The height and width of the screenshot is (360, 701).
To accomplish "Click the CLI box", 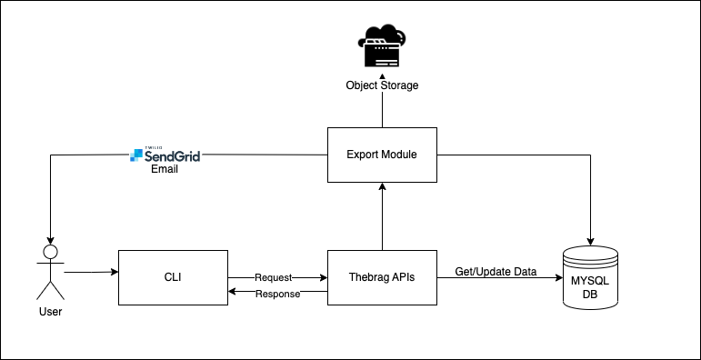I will [172, 276].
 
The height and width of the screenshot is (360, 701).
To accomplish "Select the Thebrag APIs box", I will [382, 276].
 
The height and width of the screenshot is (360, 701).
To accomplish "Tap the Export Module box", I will [382, 155].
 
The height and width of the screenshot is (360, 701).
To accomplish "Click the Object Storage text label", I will [382, 85].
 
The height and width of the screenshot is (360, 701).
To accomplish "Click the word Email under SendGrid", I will [165, 169].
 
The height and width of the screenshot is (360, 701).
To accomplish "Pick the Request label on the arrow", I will [273, 276].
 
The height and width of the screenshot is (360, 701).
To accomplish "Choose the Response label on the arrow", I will [277, 294].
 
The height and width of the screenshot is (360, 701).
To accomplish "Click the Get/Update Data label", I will [496, 272].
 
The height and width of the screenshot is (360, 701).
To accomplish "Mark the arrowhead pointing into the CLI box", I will [114, 272].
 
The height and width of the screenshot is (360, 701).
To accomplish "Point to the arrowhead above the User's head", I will [50, 240].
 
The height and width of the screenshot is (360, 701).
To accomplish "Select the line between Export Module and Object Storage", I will [382, 111].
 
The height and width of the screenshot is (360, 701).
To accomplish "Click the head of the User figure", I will [50, 252].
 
